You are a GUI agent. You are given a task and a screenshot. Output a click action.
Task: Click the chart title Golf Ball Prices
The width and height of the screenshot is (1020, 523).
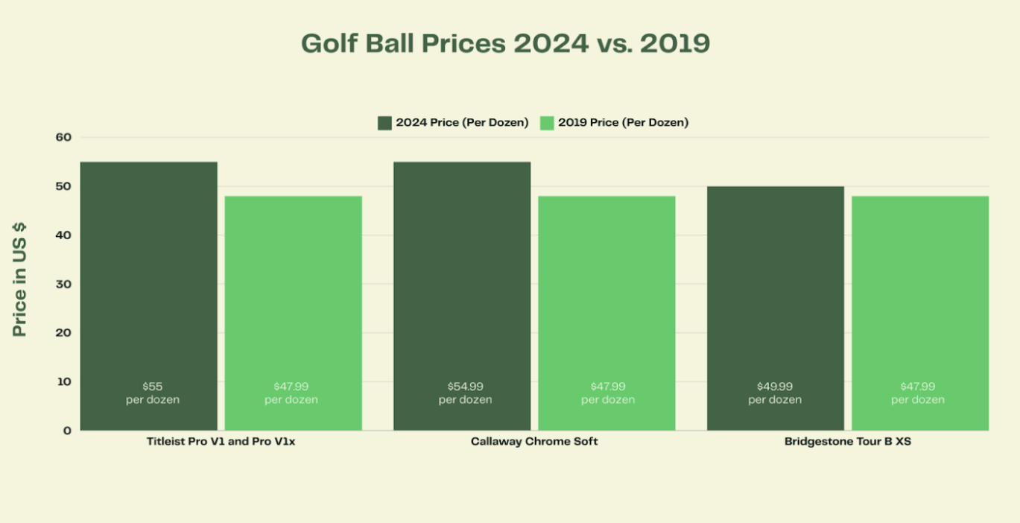(x=505, y=43)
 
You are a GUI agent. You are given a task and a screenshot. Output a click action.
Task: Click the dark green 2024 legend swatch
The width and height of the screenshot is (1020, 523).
(x=384, y=123)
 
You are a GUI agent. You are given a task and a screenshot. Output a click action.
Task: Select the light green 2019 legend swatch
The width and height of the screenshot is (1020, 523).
(x=547, y=123)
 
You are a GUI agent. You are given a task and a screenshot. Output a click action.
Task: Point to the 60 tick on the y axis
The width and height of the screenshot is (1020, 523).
(x=63, y=137)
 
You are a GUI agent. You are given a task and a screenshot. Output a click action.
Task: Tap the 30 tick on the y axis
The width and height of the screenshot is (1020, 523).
(x=63, y=284)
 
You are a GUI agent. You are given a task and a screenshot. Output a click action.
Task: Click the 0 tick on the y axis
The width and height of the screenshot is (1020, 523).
(x=67, y=431)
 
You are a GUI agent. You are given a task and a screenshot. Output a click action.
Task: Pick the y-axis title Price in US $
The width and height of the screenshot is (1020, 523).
(x=20, y=279)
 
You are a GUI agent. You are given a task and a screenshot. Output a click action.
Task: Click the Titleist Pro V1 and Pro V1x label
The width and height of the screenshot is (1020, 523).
(x=221, y=442)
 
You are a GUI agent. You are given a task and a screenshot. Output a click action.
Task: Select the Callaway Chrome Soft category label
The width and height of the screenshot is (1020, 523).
(x=534, y=442)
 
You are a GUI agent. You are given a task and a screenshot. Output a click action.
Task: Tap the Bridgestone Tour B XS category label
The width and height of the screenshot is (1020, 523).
(x=848, y=442)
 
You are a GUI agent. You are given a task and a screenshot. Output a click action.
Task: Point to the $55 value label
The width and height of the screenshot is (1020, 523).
(x=153, y=387)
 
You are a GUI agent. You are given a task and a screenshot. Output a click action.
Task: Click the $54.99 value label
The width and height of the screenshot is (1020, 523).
(x=466, y=387)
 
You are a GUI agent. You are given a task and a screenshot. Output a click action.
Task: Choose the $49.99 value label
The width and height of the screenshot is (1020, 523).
(x=775, y=387)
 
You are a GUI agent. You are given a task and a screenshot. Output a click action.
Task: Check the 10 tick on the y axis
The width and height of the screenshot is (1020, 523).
(x=64, y=381)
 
